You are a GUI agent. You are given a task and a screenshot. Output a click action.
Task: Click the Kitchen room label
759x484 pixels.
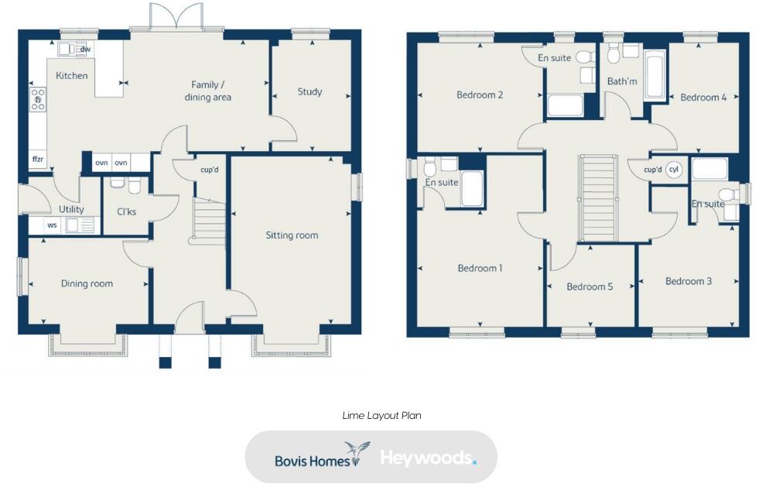(x=71, y=76)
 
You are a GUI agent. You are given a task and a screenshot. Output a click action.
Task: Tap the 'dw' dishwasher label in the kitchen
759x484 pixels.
(x=85, y=50)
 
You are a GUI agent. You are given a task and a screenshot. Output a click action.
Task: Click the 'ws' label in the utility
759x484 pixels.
(x=52, y=225)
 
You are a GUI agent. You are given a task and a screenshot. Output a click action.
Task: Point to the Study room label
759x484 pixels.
(x=309, y=91)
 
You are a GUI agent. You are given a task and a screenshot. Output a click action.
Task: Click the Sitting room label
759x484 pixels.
(x=292, y=235)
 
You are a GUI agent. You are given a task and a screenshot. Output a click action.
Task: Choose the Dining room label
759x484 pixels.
(x=87, y=283)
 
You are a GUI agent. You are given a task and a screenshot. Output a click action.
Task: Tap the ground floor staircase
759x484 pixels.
(x=207, y=221)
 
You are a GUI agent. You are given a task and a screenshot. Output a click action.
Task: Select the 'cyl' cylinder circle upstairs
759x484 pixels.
(x=674, y=170)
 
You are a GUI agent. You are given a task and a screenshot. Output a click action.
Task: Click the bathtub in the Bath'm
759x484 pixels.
(x=655, y=76)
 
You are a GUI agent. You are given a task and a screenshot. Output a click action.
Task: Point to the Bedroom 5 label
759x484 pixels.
(x=590, y=287)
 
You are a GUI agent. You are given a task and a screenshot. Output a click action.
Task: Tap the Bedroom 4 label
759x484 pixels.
(x=703, y=98)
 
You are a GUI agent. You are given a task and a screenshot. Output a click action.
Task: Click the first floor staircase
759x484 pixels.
(x=599, y=198)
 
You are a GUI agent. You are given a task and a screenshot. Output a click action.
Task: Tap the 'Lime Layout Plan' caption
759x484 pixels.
(x=381, y=416)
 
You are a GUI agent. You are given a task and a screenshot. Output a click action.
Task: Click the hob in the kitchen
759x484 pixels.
(x=37, y=100)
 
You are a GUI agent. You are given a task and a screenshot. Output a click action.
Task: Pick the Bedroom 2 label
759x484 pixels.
(x=480, y=95)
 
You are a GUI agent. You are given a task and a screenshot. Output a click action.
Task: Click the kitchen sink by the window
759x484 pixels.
(x=68, y=49)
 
